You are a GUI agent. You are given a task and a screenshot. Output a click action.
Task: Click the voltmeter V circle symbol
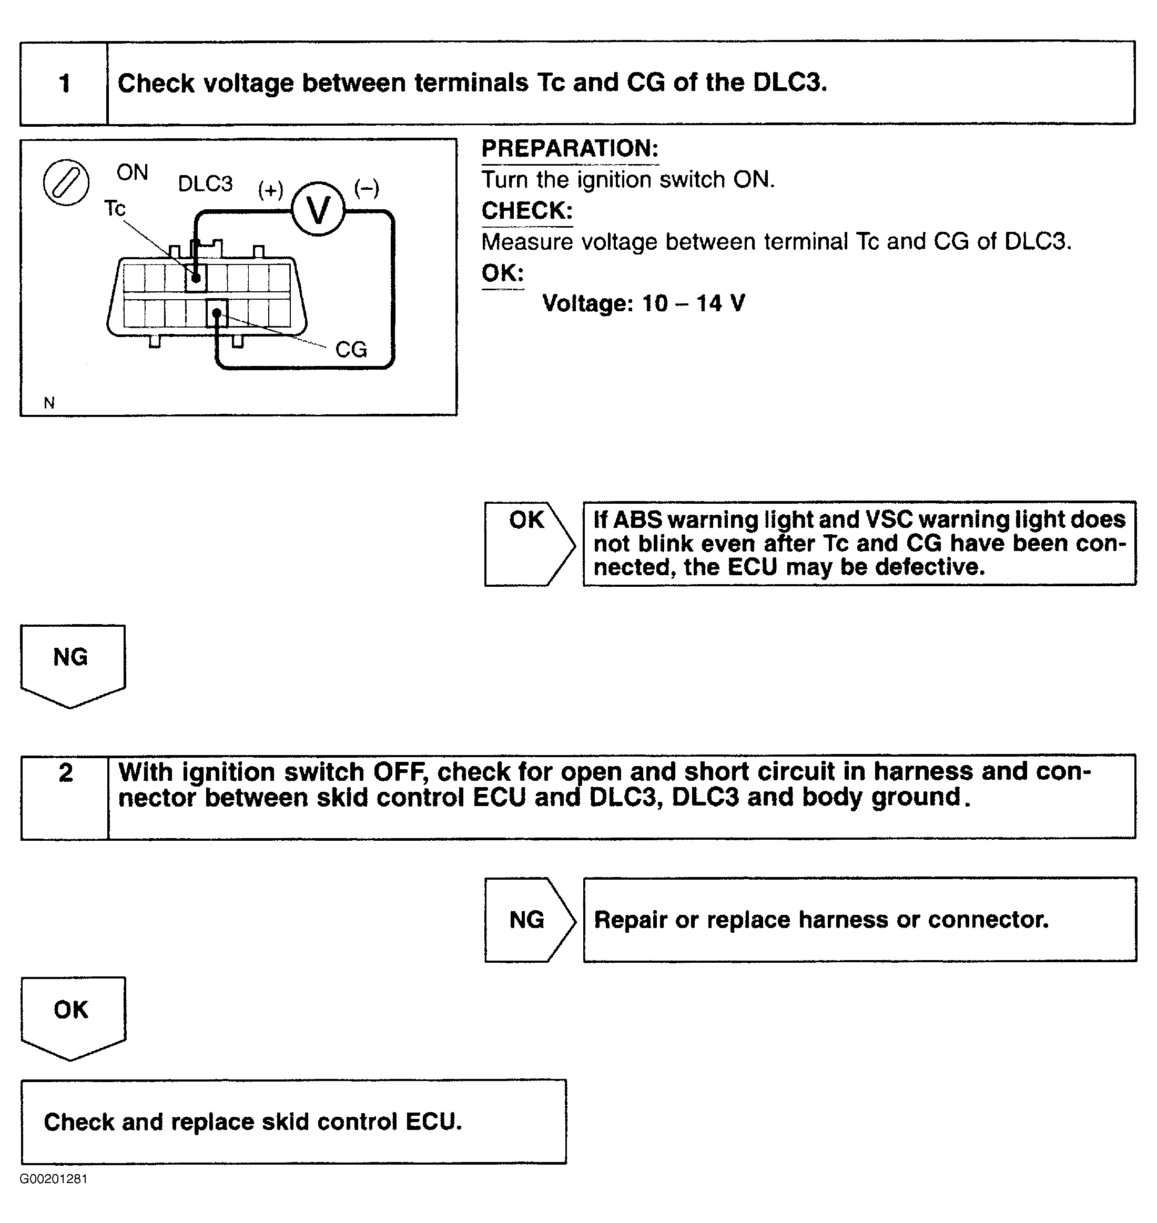pyautogui.click(x=318, y=210)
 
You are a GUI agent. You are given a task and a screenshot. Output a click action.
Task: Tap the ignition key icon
pyautogui.click(x=66, y=182)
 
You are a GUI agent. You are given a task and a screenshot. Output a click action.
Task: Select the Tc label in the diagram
pyautogui.click(x=115, y=208)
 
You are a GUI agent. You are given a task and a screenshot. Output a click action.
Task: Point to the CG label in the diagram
pyautogui.click(x=350, y=350)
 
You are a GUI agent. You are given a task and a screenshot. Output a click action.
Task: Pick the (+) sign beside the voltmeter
pyautogui.click(x=270, y=189)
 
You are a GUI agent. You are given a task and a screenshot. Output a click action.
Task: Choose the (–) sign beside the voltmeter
pyautogui.click(x=367, y=188)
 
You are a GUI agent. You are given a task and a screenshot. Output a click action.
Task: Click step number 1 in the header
pyautogui.click(x=65, y=83)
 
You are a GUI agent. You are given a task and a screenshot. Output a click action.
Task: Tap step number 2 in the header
pyautogui.click(x=65, y=773)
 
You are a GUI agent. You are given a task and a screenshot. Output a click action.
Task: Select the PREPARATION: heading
pyautogui.click(x=570, y=149)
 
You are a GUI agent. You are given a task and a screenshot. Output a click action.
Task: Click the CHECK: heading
pyautogui.click(x=526, y=211)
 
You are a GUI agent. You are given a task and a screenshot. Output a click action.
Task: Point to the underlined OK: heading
pyautogui.click(x=503, y=272)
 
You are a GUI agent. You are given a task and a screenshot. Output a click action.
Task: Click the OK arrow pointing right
pyautogui.click(x=529, y=543)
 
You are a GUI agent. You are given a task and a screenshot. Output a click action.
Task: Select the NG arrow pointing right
pyautogui.click(x=529, y=919)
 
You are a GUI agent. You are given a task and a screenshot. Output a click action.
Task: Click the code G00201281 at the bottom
pyautogui.click(x=54, y=1179)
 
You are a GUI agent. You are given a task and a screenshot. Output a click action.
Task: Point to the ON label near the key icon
pyautogui.click(x=132, y=172)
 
